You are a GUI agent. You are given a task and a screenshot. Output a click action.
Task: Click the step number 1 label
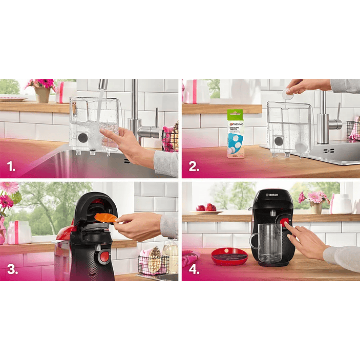[x=10, y=166]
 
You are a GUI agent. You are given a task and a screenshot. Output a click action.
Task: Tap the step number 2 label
[x=193, y=166]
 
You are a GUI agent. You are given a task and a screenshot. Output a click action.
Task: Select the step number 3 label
[x=12, y=269]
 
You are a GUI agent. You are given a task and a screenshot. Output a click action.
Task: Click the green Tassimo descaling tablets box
[x=236, y=133]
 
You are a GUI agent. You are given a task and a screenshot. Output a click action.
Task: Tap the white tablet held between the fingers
[x=288, y=94]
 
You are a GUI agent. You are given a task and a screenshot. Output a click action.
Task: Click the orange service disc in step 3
[x=105, y=218]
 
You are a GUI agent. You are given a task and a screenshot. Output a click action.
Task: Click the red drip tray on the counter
[x=229, y=255]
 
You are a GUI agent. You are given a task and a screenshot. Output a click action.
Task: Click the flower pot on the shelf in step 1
[x=43, y=95]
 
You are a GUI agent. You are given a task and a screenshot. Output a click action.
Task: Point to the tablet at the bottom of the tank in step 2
[x=301, y=148]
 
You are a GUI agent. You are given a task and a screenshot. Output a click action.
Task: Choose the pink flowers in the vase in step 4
[x=314, y=197]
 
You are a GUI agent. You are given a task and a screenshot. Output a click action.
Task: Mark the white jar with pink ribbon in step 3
[x=18, y=232]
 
